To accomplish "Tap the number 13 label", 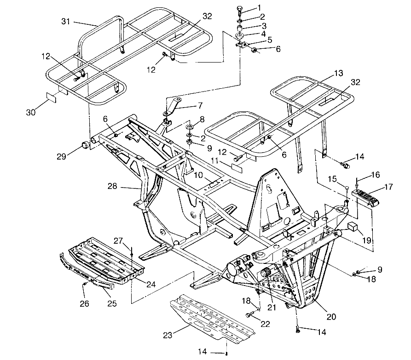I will click(338, 73).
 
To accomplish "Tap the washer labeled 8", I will click(189, 127).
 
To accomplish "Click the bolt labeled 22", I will click(250, 315).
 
